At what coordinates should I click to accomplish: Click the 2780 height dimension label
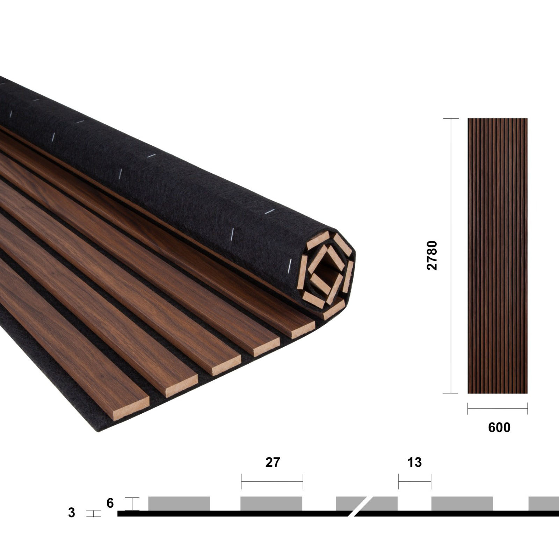(432, 255)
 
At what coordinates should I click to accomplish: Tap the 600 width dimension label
(499, 427)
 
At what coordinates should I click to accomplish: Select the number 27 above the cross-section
(273, 462)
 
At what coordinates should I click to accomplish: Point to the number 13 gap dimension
(414, 462)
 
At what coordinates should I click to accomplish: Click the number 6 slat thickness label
(110, 503)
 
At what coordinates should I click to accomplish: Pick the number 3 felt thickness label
(72, 513)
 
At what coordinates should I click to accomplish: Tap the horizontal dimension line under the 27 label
(272, 481)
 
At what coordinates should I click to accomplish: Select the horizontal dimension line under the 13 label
(415, 481)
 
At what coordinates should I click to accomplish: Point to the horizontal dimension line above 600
(498, 408)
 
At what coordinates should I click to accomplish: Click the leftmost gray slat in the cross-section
(179, 503)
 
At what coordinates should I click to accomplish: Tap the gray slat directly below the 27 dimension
(271, 503)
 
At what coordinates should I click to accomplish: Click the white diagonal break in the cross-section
(359, 506)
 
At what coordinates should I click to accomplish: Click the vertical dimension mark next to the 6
(132, 503)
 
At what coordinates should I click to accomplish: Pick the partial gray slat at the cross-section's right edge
(544, 503)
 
